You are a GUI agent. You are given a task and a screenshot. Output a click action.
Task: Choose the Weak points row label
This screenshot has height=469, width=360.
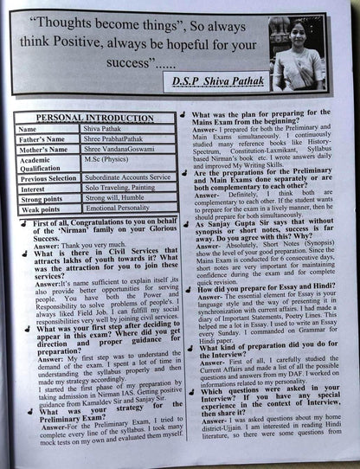pos(42,209)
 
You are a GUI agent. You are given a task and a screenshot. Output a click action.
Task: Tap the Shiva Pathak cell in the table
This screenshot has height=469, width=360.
pos(109,129)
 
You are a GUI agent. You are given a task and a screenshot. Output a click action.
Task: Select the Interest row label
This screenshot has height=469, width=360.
pos(35,188)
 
